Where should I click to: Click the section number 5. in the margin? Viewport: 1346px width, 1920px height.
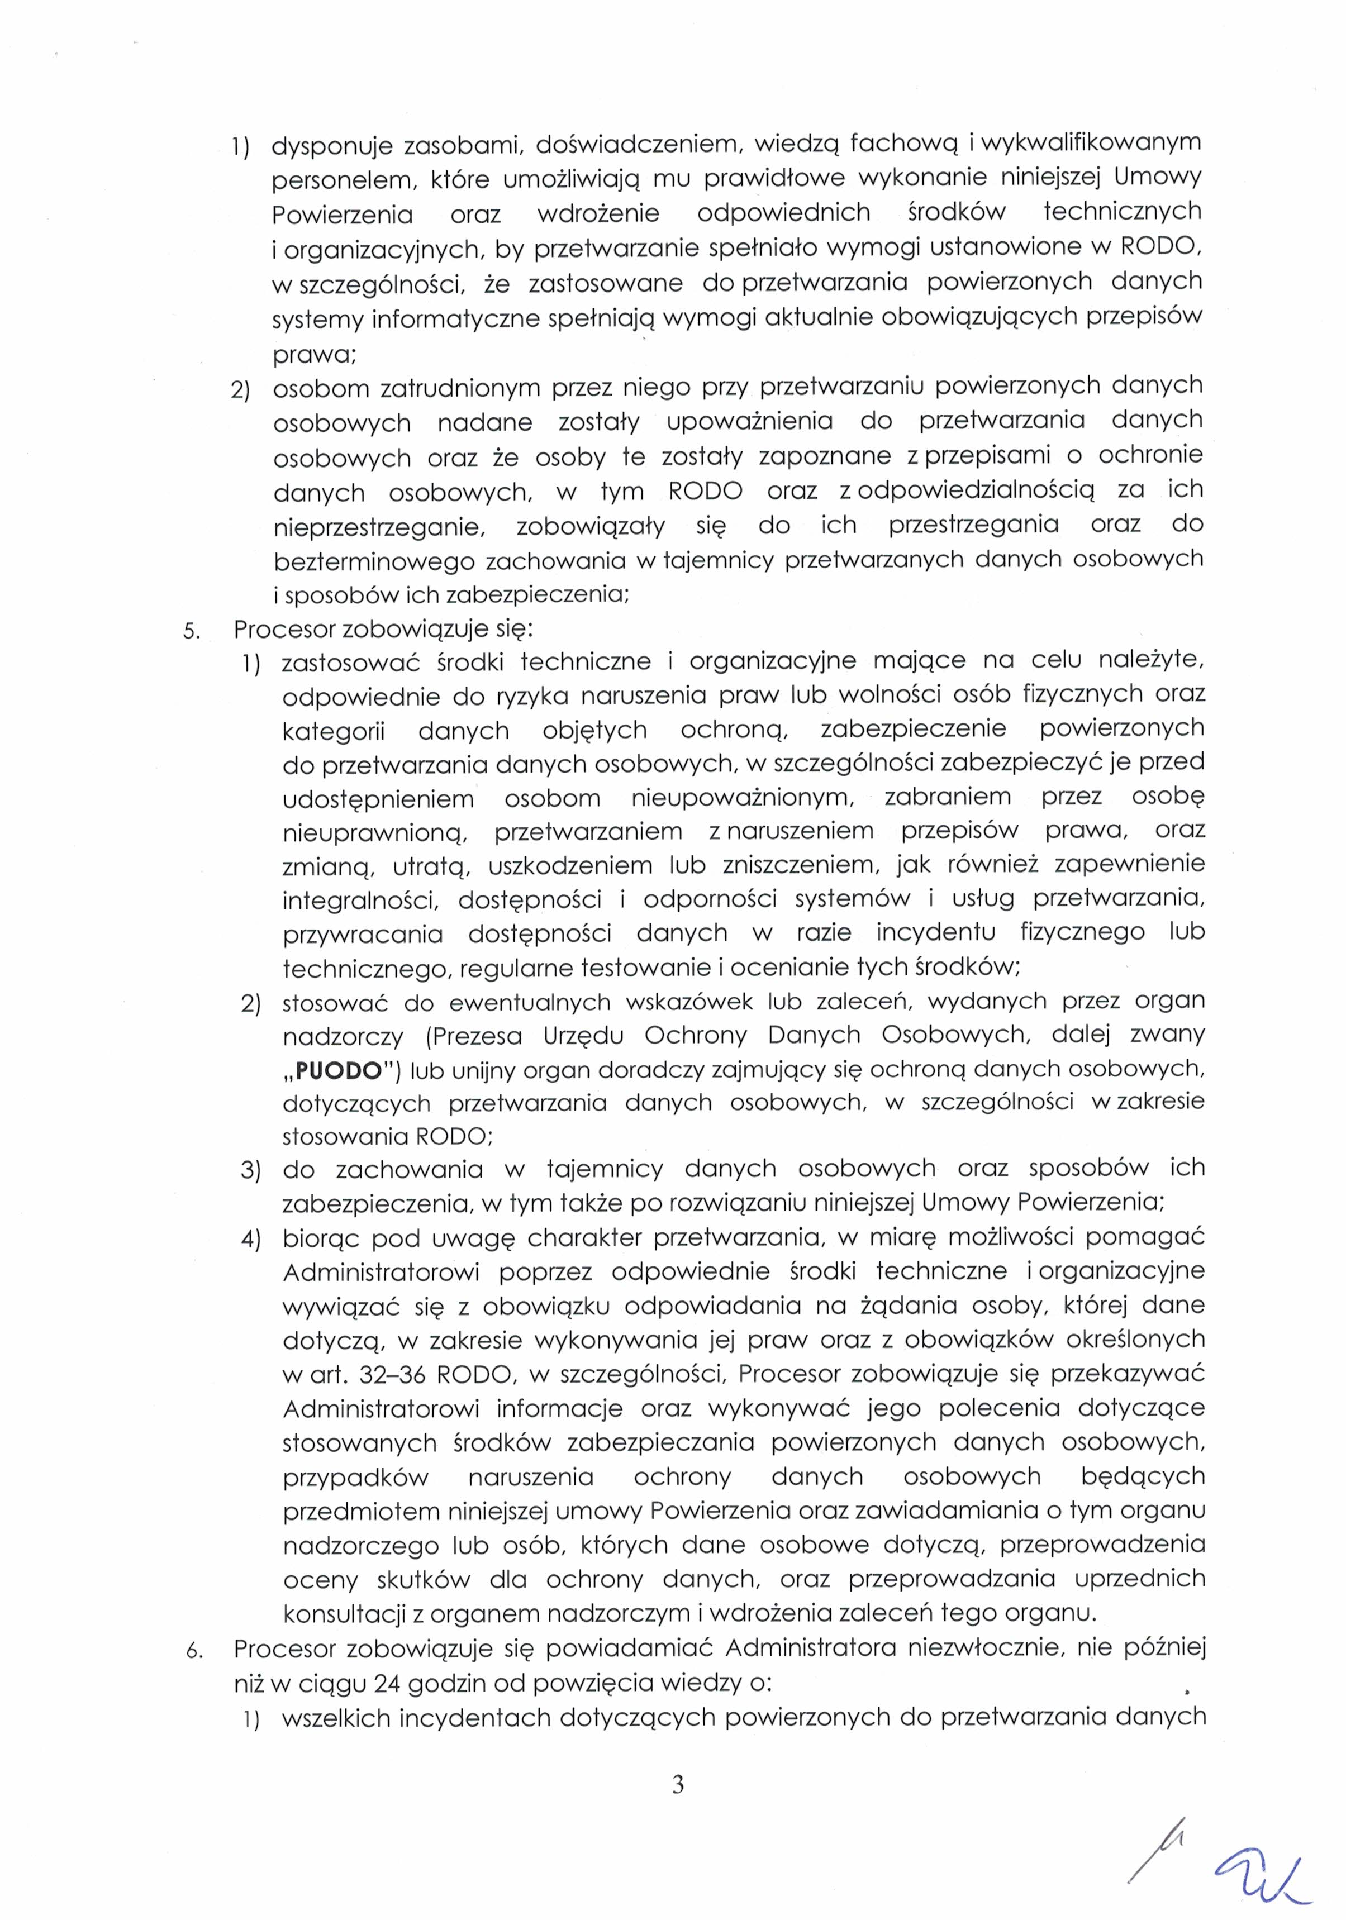coord(192,631)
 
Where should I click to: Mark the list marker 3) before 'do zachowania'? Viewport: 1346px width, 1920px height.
coord(251,1170)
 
